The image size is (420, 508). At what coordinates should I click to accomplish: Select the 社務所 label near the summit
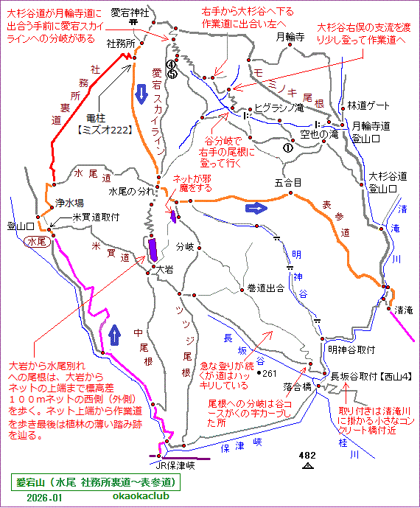[x=120, y=44]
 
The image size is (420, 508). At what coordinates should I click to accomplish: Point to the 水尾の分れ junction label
[x=130, y=191]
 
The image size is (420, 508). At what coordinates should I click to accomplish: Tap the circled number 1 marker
[x=287, y=147]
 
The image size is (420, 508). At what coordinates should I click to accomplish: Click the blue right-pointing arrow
[x=256, y=208]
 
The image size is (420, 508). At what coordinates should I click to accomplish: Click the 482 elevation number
[x=308, y=456]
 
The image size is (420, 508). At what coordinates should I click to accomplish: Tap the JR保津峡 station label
[x=175, y=465]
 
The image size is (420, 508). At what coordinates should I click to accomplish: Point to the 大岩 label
[x=164, y=271]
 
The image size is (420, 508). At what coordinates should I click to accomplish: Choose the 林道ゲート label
[x=366, y=105]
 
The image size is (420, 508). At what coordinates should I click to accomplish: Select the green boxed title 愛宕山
[x=97, y=482]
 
